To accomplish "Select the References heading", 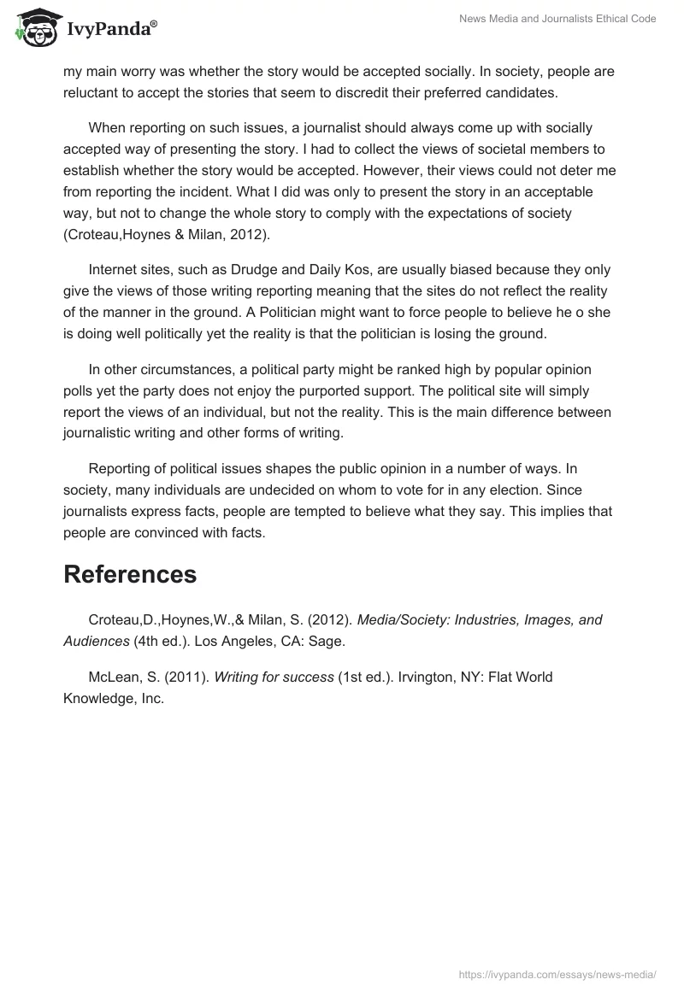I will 130,574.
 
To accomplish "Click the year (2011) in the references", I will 186,677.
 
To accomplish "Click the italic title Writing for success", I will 274,677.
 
